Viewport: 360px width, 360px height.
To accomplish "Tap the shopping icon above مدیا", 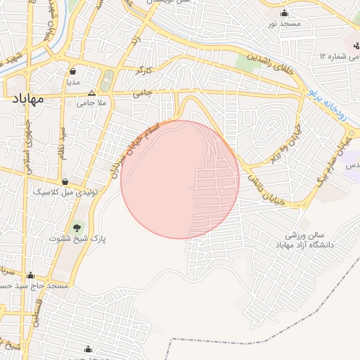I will [x=73, y=70].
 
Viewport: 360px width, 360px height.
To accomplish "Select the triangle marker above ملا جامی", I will [x=91, y=93].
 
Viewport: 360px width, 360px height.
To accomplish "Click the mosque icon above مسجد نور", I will [x=284, y=13].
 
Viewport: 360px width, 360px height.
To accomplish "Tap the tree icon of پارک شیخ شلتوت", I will [x=77, y=227].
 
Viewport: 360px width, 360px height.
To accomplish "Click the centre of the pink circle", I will [x=180, y=179].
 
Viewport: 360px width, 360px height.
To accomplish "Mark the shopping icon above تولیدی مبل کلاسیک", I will [x=65, y=181].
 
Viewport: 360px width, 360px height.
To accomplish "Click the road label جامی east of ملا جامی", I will [x=143, y=91].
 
